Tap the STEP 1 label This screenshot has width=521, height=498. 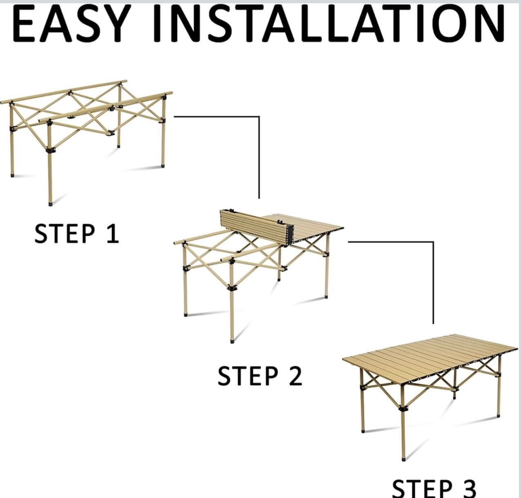77,234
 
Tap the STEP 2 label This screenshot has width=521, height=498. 260,376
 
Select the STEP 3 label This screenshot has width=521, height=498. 434,489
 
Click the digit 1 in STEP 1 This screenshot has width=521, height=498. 113,234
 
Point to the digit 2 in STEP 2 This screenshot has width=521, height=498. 296,376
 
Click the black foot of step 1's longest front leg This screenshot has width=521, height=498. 50,204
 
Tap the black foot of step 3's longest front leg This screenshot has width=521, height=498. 404,459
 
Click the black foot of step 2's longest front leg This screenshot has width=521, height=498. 232,341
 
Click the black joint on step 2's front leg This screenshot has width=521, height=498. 232,288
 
